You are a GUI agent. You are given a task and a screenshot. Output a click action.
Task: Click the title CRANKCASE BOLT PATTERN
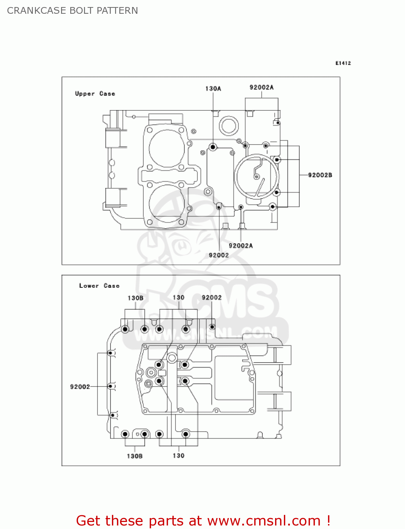coord(72,11)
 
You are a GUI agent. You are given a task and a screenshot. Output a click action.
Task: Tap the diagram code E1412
coord(343,63)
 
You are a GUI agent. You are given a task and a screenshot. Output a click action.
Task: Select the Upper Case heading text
coord(95,94)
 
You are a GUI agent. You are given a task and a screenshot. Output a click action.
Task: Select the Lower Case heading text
coord(99,286)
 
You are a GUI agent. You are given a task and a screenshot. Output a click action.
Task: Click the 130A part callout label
coord(213,89)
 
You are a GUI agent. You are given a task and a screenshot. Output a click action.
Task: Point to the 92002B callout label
coord(320,175)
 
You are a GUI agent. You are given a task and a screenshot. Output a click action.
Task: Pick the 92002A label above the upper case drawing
coord(261,87)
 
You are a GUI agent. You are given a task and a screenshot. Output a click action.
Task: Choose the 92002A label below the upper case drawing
coord(240,246)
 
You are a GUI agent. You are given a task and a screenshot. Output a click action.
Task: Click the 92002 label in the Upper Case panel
coord(219,255)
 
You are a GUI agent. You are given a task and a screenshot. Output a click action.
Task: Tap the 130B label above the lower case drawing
coord(135,298)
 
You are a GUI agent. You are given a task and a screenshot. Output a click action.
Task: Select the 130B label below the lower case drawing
coord(135,456)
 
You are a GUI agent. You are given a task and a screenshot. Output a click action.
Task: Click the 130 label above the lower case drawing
coord(178,298)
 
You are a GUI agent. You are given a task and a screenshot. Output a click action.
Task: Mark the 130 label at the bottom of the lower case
coord(178,456)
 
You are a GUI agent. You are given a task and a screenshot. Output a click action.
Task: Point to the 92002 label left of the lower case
coord(80,387)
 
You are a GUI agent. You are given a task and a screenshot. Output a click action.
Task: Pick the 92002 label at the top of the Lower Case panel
coord(212,298)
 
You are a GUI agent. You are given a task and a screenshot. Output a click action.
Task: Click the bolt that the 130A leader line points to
coord(213,147)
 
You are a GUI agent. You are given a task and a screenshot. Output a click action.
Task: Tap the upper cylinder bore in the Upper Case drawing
coord(167,148)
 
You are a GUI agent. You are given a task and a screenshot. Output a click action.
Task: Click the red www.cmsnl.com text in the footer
coord(263,521)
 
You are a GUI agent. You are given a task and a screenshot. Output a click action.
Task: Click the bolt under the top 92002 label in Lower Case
coord(212,327)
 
